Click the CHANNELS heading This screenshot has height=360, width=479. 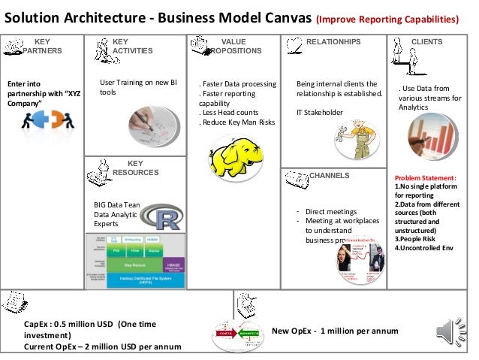click(x=330, y=176)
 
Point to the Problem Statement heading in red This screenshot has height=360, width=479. click(x=426, y=178)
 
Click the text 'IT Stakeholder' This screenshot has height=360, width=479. click(x=319, y=112)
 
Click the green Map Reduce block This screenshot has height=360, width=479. click(x=135, y=264)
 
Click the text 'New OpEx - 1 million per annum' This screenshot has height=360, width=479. click(x=335, y=331)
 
